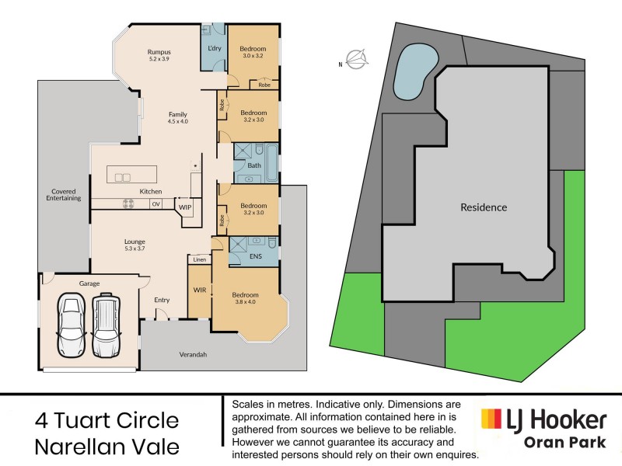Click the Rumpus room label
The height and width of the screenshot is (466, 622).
(x=159, y=52)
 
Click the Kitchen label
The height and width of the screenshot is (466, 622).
(x=150, y=191)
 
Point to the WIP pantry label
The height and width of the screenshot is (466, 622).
(x=185, y=207)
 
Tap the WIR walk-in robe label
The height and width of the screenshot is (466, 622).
(x=199, y=290)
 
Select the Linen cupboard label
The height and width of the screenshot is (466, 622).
(x=200, y=259)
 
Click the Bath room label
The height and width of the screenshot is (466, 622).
(x=253, y=165)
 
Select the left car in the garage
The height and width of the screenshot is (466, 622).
(x=70, y=325)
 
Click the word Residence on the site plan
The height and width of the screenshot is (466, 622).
(x=483, y=207)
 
